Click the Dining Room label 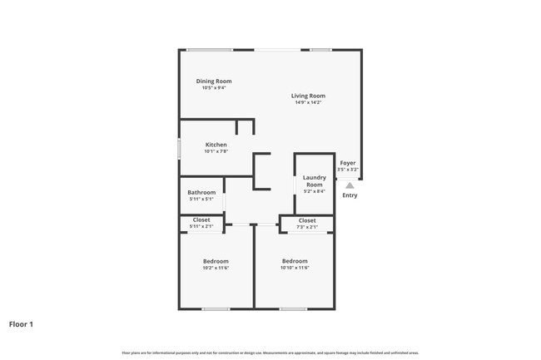tap(214, 81)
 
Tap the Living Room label tap(308, 96)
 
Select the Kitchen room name tap(216, 145)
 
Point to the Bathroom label tap(201, 192)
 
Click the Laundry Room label tap(314, 180)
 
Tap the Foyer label tap(348, 163)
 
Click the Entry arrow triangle tap(350, 185)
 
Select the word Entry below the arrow tap(350, 195)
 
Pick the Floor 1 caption tap(21, 324)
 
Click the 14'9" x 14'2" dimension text tap(308, 102)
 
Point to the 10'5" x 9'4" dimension tap(214, 87)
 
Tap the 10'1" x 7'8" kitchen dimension tap(216, 151)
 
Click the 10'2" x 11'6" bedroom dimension tap(216, 268)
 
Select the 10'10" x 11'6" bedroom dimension tap(295, 268)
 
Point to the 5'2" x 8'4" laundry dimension tap(314, 191)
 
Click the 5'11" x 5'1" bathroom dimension tap(201, 199)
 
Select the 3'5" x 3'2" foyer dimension tap(348, 170)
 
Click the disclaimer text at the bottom tap(270, 352)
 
